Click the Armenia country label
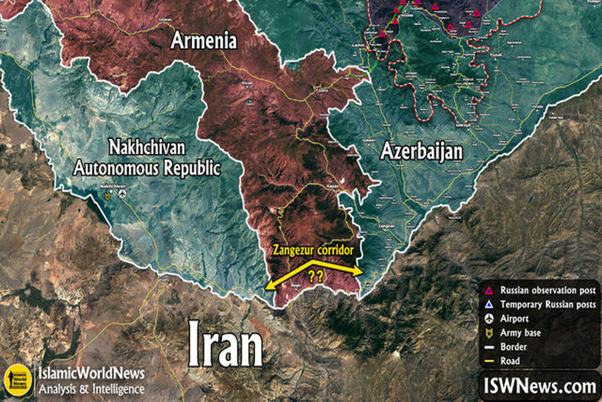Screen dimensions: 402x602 tap(204, 40)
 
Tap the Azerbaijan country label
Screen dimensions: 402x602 tap(421, 151)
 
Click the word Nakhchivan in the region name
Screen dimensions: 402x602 tap(147, 149)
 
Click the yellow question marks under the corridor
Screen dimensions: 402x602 tap(315, 276)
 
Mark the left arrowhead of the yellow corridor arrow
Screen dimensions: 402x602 tap(268, 286)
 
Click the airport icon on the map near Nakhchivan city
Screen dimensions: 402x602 tap(122, 194)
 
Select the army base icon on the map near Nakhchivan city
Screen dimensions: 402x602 tap(107, 197)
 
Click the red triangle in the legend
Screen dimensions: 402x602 tap(490, 290)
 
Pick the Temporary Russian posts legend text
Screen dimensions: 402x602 tap(548, 305)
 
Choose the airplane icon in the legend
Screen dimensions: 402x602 tap(490, 319)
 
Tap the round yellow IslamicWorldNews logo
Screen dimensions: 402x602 tap(15, 380)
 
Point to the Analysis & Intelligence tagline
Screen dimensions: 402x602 tap(92, 388)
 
